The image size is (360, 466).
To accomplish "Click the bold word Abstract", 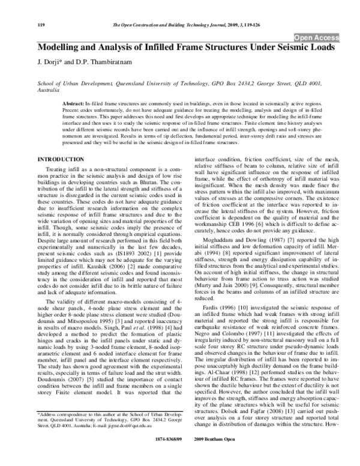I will pyautogui.click(x=73, y=104).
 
